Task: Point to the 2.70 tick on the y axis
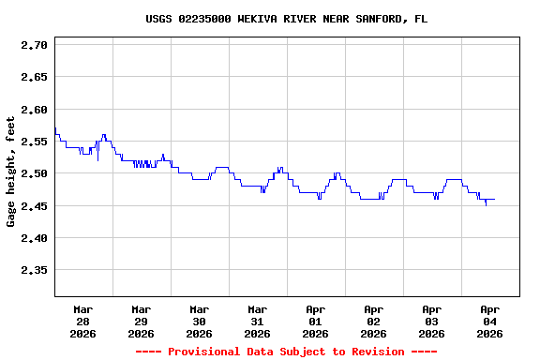point(34,45)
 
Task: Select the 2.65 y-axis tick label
point(34,77)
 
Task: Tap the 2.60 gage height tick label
point(34,110)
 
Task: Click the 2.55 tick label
point(34,142)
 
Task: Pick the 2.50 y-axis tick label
point(34,173)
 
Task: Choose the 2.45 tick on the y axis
point(34,206)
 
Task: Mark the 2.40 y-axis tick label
point(34,238)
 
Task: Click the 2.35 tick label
point(34,270)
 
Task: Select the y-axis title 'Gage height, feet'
point(11,172)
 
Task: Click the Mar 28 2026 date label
point(83,321)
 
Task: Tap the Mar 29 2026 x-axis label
point(142,321)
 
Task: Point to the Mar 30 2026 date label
point(200,321)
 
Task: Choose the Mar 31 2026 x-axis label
point(258,321)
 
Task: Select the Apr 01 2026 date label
point(316,321)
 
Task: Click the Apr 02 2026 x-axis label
point(374,321)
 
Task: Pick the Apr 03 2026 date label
point(432,321)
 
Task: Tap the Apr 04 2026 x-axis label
point(490,321)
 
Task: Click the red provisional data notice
point(287,352)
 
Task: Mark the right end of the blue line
point(495,199)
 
